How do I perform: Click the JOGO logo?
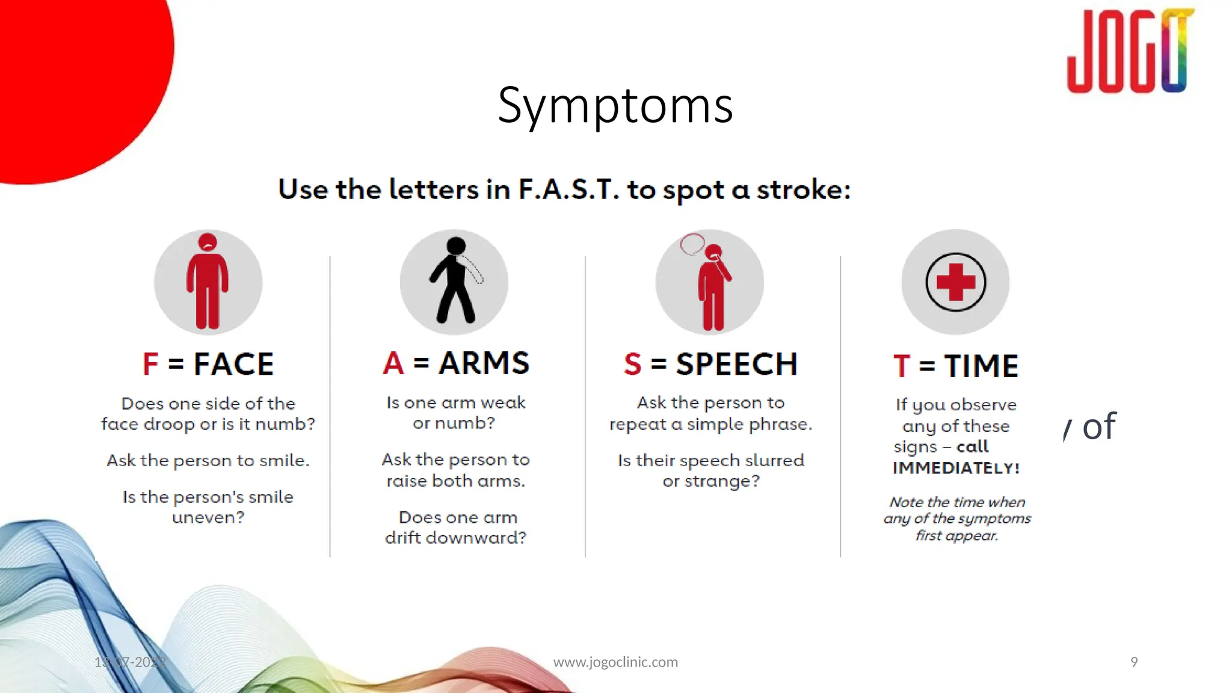1130,52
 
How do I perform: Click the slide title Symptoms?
615,105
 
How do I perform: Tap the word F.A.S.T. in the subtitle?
568,189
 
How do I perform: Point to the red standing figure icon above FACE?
208,282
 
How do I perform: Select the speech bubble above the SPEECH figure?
692,244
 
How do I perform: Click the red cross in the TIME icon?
955,282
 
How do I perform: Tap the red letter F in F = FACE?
150,365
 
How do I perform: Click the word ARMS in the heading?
484,363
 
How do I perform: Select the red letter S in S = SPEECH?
632,365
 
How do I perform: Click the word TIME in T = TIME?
981,366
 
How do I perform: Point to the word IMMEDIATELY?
956,468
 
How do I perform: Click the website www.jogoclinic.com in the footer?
615,662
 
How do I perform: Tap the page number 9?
1134,662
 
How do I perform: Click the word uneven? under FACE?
208,517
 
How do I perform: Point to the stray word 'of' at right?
1098,427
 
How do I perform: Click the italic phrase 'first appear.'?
956,535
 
